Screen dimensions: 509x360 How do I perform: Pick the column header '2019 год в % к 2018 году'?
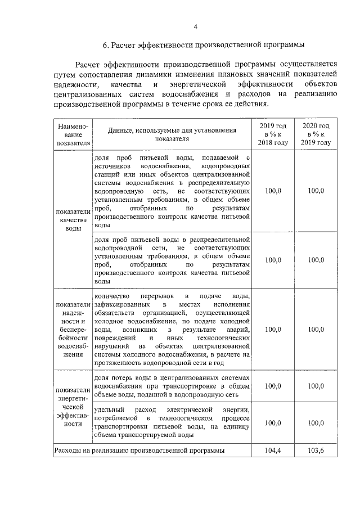pos(273,134)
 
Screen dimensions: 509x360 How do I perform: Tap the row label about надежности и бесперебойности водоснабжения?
pos(70,328)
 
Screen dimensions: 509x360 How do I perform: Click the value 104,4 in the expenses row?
pos(273,451)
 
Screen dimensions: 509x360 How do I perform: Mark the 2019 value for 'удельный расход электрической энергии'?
pos(273,422)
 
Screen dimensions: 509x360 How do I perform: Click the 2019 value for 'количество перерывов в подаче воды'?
pos(273,329)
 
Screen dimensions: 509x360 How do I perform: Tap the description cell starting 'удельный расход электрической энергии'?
pos(172,422)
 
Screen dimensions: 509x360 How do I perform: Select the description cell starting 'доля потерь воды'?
pos(172,386)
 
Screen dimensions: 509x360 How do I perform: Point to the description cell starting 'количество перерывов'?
pos(172,329)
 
